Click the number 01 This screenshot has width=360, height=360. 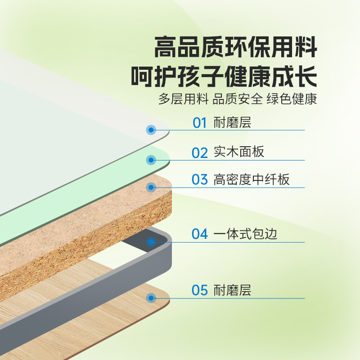[x=199, y=122]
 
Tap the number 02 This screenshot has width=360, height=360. [x=200, y=153]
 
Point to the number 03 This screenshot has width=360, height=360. [x=200, y=180]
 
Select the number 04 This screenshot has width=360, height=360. [x=200, y=234]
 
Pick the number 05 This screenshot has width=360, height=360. [x=200, y=290]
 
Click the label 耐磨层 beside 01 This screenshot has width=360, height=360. [x=232, y=122]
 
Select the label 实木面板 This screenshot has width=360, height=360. [x=238, y=152]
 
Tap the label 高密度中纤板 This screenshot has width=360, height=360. [x=252, y=180]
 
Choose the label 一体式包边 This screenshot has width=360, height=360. [x=245, y=234]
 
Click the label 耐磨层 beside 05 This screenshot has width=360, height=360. [x=232, y=290]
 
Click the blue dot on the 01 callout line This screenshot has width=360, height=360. [x=151, y=130]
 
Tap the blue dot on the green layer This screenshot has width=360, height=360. [x=151, y=160]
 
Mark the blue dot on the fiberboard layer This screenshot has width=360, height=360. [x=151, y=187]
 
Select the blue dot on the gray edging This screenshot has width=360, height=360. [x=151, y=242]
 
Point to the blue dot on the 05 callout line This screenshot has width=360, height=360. [x=151, y=298]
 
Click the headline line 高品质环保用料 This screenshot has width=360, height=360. [x=236, y=47]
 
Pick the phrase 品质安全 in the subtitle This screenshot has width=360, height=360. [x=238, y=99]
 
